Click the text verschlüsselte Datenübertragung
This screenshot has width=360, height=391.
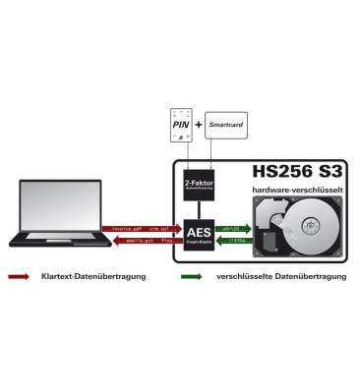tap(279, 277)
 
